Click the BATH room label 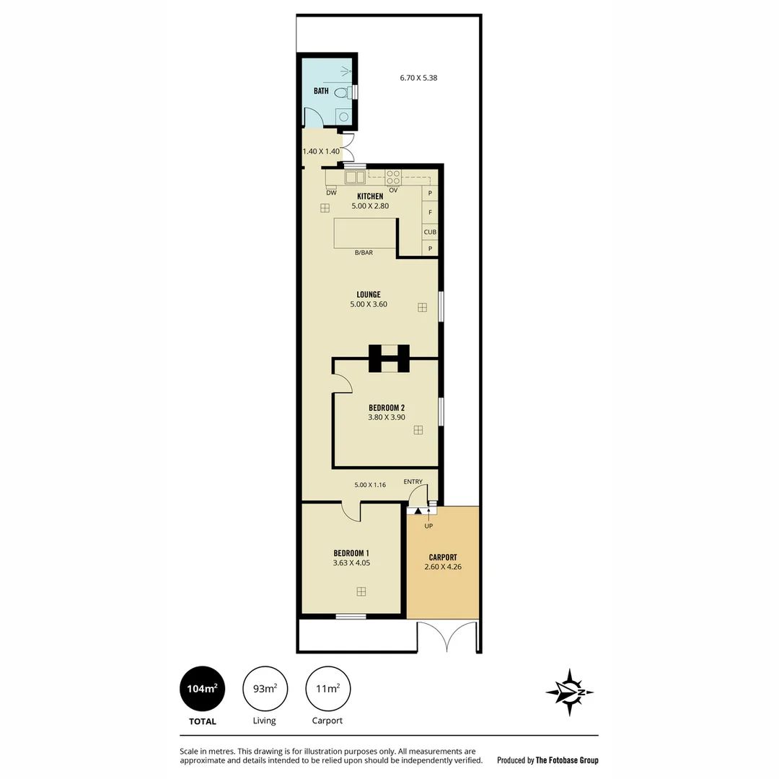pos(321,91)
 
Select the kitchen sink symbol pos(355,177)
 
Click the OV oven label pos(393,190)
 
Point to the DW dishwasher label pos(331,193)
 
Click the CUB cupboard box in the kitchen pos(430,232)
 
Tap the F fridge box pos(430,212)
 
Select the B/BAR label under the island pos(364,252)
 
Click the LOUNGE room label pos(369,294)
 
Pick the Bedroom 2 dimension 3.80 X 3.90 pos(387,417)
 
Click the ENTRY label pos(413,482)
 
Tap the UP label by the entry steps pos(428,526)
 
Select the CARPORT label pos(443,557)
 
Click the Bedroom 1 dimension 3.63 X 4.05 pos(352,563)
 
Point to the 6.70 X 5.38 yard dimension pos(418,78)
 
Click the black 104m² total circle pos(202,689)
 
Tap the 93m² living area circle pos(265,689)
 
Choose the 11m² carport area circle pos(328,689)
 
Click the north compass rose pos(570,692)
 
